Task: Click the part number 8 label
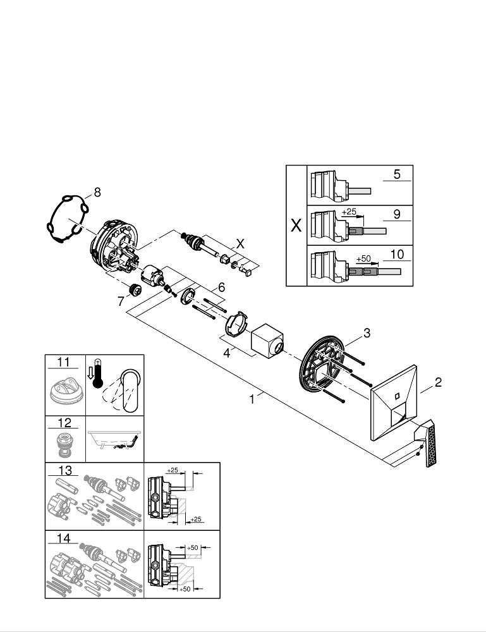(97, 191)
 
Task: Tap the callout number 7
(120, 302)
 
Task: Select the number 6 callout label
(221, 286)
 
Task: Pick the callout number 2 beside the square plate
(437, 382)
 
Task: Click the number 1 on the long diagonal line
(252, 399)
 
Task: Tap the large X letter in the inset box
(296, 226)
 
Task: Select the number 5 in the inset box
(396, 174)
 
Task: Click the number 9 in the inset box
(396, 214)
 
